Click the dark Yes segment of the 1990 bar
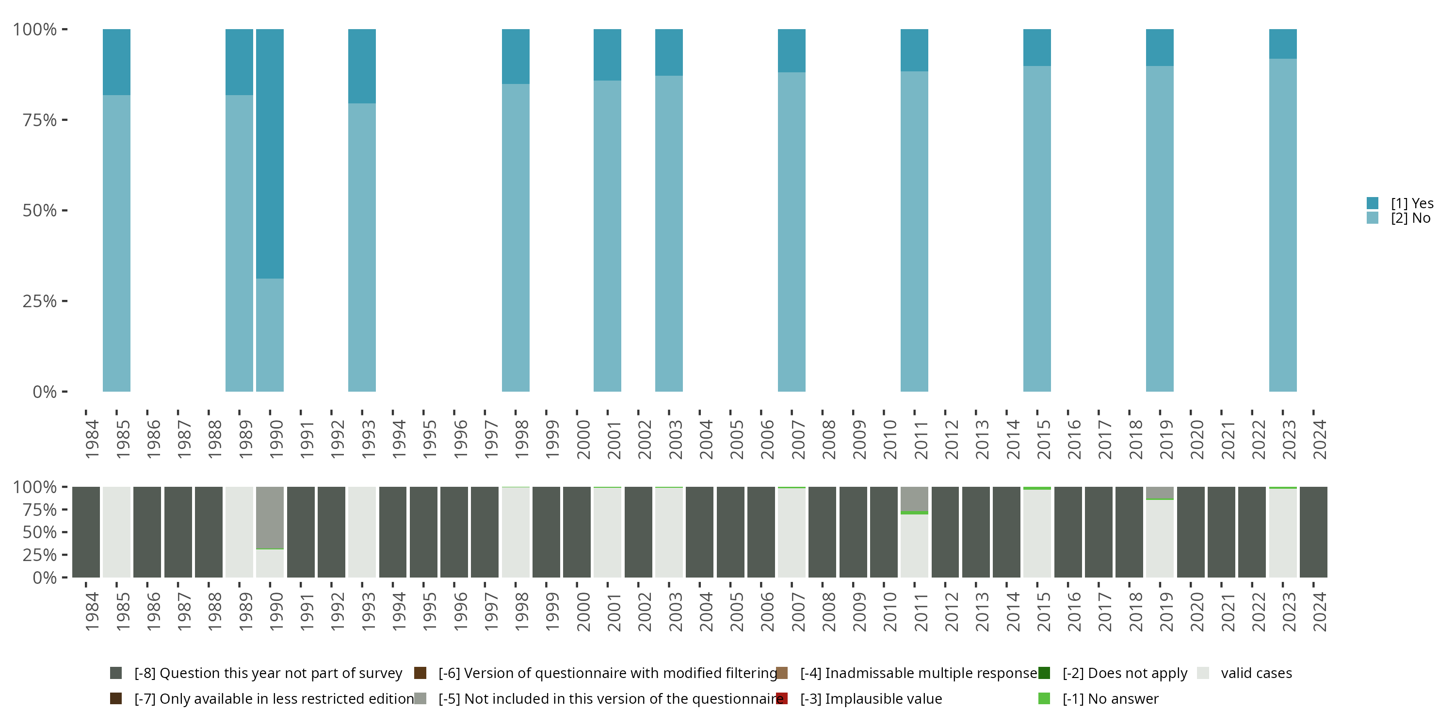point(270,152)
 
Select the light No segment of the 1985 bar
point(116,243)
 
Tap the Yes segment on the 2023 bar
point(1282,44)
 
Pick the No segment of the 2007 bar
point(792,232)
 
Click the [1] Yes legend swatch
point(1372,203)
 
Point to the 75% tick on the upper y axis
point(65,120)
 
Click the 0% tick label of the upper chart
point(45,392)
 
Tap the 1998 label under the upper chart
point(521,439)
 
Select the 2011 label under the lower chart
point(920,612)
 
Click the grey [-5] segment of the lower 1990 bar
point(270,517)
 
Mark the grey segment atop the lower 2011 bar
point(914,498)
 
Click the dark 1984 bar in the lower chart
point(86,532)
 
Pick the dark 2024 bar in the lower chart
point(1313,532)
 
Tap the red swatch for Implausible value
point(782,698)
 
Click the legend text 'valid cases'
point(1256,673)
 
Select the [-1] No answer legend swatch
point(1044,698)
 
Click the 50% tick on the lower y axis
point(65,532)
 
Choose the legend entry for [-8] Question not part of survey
point(268,673)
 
